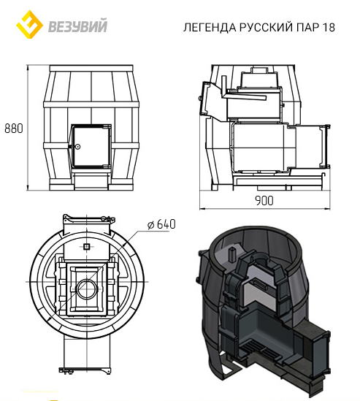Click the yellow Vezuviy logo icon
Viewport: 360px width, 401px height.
[29, 24]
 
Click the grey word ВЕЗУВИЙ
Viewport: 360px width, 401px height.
[77, 26]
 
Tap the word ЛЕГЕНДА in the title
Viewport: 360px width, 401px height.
[210, 27]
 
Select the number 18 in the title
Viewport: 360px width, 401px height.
[329, 27]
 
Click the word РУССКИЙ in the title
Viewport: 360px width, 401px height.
[266, 27]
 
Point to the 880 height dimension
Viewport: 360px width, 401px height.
[14, 128]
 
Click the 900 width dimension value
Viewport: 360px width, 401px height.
[264, 201]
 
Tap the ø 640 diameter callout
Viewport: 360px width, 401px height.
[161, 224]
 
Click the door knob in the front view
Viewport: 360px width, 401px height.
[77, 147]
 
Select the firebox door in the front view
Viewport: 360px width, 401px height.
[91, 146]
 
